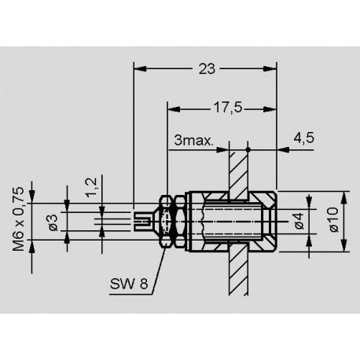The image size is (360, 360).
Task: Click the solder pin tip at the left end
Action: pyautogui.click(x=140, y=222)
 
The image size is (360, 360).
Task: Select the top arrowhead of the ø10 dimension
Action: pyautogui.click(x=344, y=196)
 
